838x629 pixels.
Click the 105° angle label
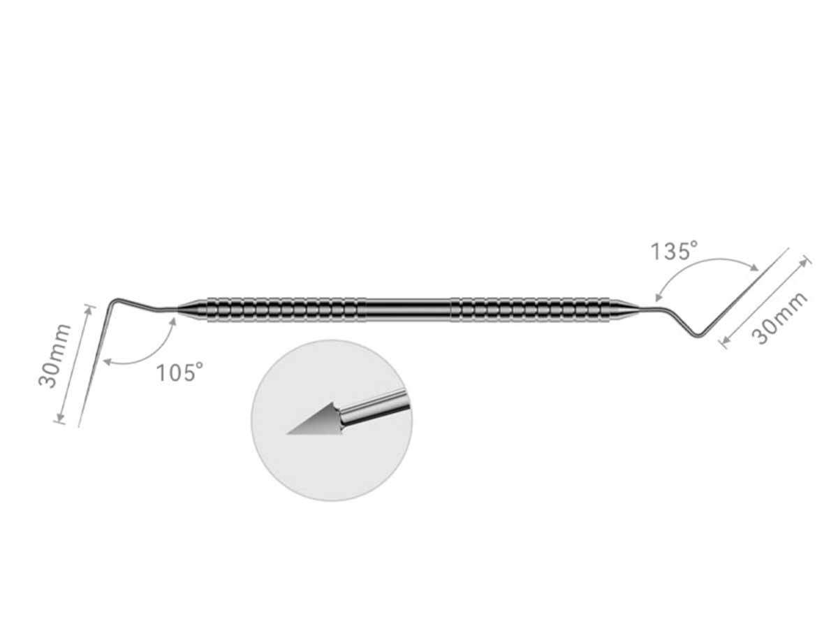(179, 372)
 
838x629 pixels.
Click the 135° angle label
(675, 251)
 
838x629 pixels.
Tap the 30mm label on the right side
(779, 318)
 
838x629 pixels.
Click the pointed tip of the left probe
(79, 426)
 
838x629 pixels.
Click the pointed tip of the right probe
(788, 249)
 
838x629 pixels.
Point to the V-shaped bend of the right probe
(697, 335)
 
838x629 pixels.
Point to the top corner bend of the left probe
(116, 301)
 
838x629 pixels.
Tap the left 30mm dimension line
(73, 363)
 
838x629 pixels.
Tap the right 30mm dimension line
(766, 302)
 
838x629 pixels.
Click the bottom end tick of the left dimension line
(59, 421)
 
